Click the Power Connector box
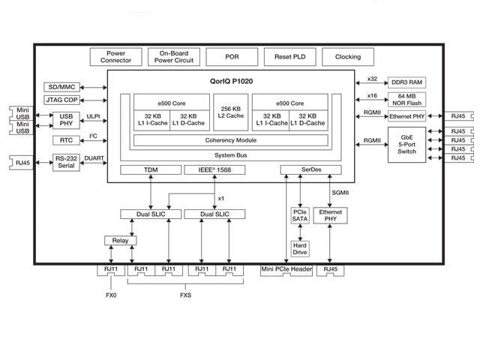(115, 57)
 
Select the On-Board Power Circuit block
(174, 57)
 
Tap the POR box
(232, 57)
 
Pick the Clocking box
(347, 57)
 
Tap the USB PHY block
(67, 120)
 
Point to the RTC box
(67, 140)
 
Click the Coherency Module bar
(231, 140)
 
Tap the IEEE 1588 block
(214, 170)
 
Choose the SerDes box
(310, 170)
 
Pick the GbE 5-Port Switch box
(407, 145)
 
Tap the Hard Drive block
(300, 248)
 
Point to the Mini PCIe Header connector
(286, 270)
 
